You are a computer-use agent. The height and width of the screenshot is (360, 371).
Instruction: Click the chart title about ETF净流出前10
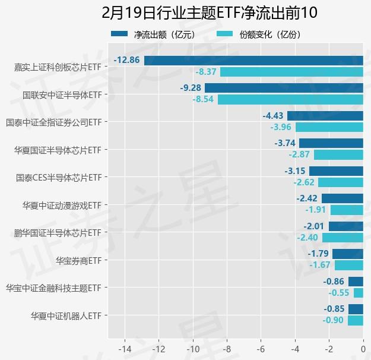point(185,12)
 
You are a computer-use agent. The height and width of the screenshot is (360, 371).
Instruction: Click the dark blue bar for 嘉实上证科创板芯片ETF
point(253,61)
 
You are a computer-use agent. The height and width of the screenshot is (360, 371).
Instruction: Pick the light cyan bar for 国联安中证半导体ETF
point(290,99)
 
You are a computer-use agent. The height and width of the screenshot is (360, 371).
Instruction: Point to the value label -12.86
point(128,61)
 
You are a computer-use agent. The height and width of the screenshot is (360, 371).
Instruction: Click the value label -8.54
point(203,99)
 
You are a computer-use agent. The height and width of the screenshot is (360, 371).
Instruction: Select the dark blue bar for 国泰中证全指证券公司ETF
point(325,116)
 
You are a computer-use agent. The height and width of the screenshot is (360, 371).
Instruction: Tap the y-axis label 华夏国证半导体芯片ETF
point(58,150)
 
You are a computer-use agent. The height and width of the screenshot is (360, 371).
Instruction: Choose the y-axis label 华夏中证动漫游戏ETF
point(62,206)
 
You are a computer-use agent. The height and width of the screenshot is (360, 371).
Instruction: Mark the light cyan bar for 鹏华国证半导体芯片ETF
point(343,238)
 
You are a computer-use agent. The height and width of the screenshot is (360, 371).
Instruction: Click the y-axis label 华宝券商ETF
point(78,260)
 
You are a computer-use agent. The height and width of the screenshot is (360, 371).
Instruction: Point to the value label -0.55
point(339,293)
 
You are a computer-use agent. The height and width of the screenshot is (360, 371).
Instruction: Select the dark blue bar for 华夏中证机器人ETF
point(356,309)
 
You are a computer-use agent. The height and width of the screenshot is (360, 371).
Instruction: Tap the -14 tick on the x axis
point(125,349)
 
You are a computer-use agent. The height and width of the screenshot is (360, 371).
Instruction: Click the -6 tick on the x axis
point(261,349)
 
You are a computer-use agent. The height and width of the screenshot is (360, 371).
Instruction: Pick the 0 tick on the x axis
point(363,349)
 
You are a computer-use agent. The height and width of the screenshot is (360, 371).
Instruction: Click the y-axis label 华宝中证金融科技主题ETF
point(53,288)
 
